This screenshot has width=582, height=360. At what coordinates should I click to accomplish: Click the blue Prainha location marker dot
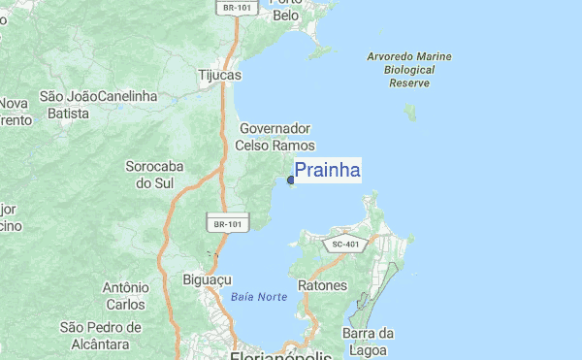[x=291, y=180]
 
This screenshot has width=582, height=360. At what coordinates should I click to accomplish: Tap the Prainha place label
[x=327, y=172]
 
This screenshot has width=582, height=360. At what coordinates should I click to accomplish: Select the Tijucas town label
[x=219, y=75]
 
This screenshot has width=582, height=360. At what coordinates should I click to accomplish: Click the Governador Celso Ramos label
[x=275, y=137]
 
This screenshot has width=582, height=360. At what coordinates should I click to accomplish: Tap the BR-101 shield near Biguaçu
[x=228, y=224]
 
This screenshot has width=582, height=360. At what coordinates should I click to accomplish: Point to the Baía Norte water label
[x=259, y=296]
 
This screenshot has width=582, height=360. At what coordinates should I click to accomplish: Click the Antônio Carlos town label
[x=125, y=296]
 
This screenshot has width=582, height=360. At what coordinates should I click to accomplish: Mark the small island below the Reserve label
[x=410, y=112]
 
